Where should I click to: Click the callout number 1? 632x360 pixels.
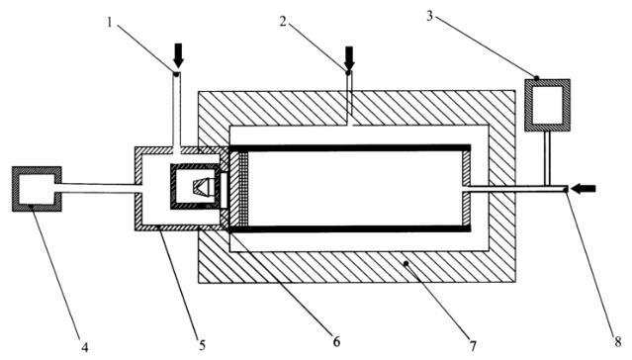pyautogui.click(x=109, y=21)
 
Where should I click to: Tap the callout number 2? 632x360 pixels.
pyautogui.click(x=284, y=22)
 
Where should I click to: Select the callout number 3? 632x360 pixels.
pyautogui.click(x=430, y=17)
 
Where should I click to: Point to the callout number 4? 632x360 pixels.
pyautogui.click(x=84, y=347)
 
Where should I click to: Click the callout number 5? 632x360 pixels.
pyautogui.click(x=202, y=345)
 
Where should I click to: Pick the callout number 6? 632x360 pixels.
pyautogui.click(x=336, y=342)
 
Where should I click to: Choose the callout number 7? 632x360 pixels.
pyautogui.click(x=472, y=345)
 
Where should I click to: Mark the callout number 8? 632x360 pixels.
pyautogui.click(x=618, y=342)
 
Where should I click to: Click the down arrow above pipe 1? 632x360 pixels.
pyautogui.click(x=178, y=55)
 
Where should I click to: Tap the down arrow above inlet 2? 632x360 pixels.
pyautogui.click(x=349, y=58)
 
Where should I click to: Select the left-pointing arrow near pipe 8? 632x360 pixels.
pyautogui.click(x=584, y=188)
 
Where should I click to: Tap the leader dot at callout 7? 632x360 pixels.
pyautogui.click(x=406, y=264)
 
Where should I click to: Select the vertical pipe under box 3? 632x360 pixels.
pyautogui.click(x=547, y=157)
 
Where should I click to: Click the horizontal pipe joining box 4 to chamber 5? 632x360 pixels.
pyautogui.click(x=98, y=188)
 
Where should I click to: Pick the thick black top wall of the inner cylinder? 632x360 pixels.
pyautogui.click(x=350, y=148)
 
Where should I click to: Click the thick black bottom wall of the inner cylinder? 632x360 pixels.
pyautogui.click(x=350, y=229)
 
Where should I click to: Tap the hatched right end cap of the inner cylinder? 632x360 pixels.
pyautogui.click(x=467, y=170)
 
